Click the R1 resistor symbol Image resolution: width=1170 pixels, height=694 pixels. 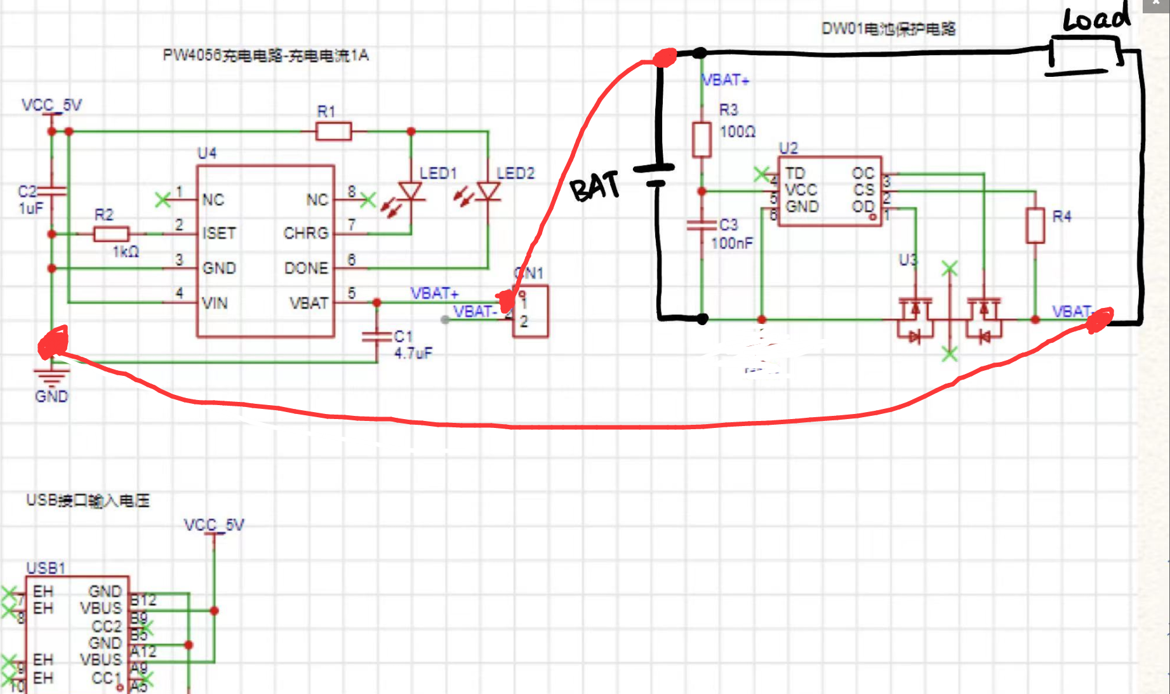click(x=333, y=131)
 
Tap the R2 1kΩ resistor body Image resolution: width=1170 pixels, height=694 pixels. click(x=111, y=234)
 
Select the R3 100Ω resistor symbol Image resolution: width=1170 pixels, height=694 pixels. click(x=701, y=140)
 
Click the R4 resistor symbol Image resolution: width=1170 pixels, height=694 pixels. click(x=1035, y=225)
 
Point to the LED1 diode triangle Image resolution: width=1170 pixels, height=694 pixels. click(x=411, y=190)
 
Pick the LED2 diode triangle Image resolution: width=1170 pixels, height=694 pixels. click(x=488, y=190)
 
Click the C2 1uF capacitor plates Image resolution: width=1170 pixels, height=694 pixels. click(x=52, y=190)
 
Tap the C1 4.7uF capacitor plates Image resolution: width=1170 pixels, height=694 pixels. click(x=376, y=337)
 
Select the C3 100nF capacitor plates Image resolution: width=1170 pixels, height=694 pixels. click(x=701, y=225)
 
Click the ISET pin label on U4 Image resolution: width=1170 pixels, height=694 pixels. click(x=219, y=234)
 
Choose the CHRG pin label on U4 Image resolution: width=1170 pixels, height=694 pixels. click(x=306, y=234)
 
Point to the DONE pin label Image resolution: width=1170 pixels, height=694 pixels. click(x=306, y=269)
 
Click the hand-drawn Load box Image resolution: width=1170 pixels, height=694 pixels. click(x=1084, y=54)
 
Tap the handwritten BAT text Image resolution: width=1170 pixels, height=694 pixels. click(x=594, y=187)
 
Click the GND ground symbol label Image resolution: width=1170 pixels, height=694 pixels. click(x=51, y=397)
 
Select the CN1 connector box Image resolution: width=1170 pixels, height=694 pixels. click(x=531, y=312)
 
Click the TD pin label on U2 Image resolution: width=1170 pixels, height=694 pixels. click(x=795, y=173)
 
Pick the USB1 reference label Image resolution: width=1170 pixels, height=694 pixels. click(x=46, y=568)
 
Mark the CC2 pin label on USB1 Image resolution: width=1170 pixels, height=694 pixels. click(x=106, y=626)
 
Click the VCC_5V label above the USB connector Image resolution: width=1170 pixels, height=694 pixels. click(x=214, y=525)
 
